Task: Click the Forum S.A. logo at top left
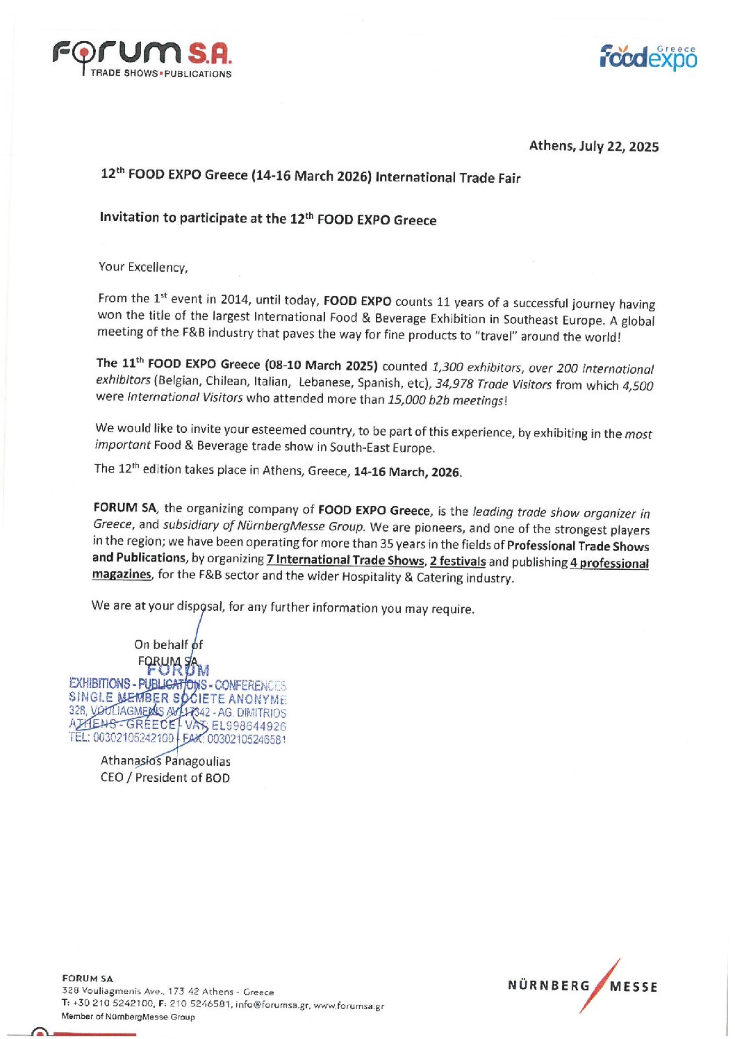[142, 58]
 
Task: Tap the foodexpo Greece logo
[647, 57]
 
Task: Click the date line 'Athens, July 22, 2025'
[593, 146]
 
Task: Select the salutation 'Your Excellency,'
[143, 267]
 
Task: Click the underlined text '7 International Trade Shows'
[345, 560]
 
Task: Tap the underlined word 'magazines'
[121, 574]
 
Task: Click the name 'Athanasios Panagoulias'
[165, 761]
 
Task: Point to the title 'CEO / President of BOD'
[165, 778]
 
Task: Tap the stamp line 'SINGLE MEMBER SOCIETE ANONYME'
[177, 698]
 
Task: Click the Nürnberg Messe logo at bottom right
[582, 985]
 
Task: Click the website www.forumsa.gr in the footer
[349, 1005]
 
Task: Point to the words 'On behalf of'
[168, 645]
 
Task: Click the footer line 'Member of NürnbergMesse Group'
[128, 1017]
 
